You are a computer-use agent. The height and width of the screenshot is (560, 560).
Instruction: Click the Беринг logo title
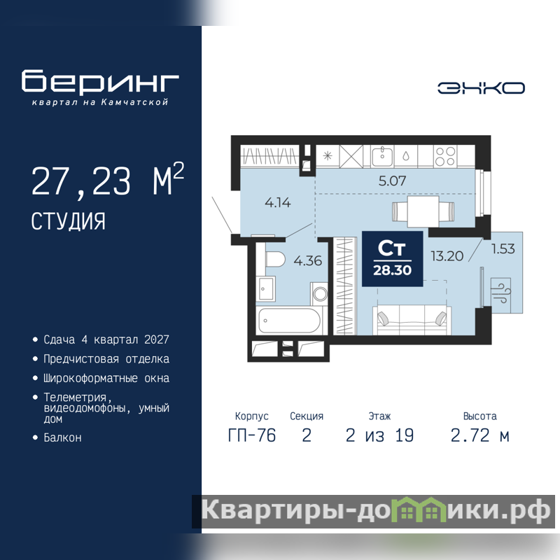point(100,81)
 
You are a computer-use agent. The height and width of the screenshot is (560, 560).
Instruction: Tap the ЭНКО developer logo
point(481,88)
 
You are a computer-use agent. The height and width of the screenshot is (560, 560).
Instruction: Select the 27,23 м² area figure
point(108,180)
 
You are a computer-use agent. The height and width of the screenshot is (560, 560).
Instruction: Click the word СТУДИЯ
point(68,221)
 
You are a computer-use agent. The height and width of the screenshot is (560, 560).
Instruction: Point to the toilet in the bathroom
point(274,260)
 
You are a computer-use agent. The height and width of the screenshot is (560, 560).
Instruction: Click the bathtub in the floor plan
point(289,321)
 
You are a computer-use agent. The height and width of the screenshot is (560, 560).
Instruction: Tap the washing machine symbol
point(319,293)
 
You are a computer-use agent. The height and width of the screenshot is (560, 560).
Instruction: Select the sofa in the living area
point(412,320)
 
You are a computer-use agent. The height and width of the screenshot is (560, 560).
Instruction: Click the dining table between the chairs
point(423,211)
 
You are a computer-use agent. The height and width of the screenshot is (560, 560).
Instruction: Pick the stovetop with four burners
point(445,156)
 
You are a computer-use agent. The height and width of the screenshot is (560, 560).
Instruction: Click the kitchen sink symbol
point(382,156)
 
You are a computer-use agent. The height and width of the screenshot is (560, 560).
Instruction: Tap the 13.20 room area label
point(447,256)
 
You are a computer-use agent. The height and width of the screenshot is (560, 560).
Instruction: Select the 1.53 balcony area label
point(503,248)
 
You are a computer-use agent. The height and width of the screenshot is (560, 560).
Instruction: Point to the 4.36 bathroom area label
point(307,260)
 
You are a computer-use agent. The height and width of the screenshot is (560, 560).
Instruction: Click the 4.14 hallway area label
point(277,203)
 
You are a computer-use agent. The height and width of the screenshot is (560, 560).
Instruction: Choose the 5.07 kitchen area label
point(392,181)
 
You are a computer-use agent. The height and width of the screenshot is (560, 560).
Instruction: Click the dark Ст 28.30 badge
point(393,259)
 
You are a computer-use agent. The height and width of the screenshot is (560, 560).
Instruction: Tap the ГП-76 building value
point(252,435)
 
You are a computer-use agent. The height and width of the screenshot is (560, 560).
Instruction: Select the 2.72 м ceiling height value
point(479,435)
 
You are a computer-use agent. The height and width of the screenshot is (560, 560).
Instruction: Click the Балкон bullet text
point(62,437)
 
